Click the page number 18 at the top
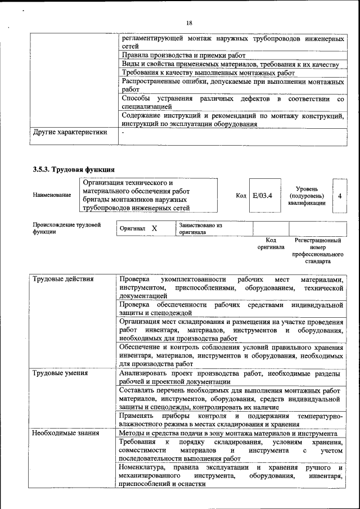pos(189,22)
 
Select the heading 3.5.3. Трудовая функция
pos(74,168)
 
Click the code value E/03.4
pos(263,195)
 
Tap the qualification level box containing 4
pos(340,195)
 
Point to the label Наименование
pos(52,195)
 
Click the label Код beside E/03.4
pos(241,195)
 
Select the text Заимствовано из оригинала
pos(200,228)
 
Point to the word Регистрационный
pos(318,240)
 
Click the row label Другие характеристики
pos(70,133)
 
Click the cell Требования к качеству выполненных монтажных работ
pos(208,73)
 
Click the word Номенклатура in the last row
pos(142,468)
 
